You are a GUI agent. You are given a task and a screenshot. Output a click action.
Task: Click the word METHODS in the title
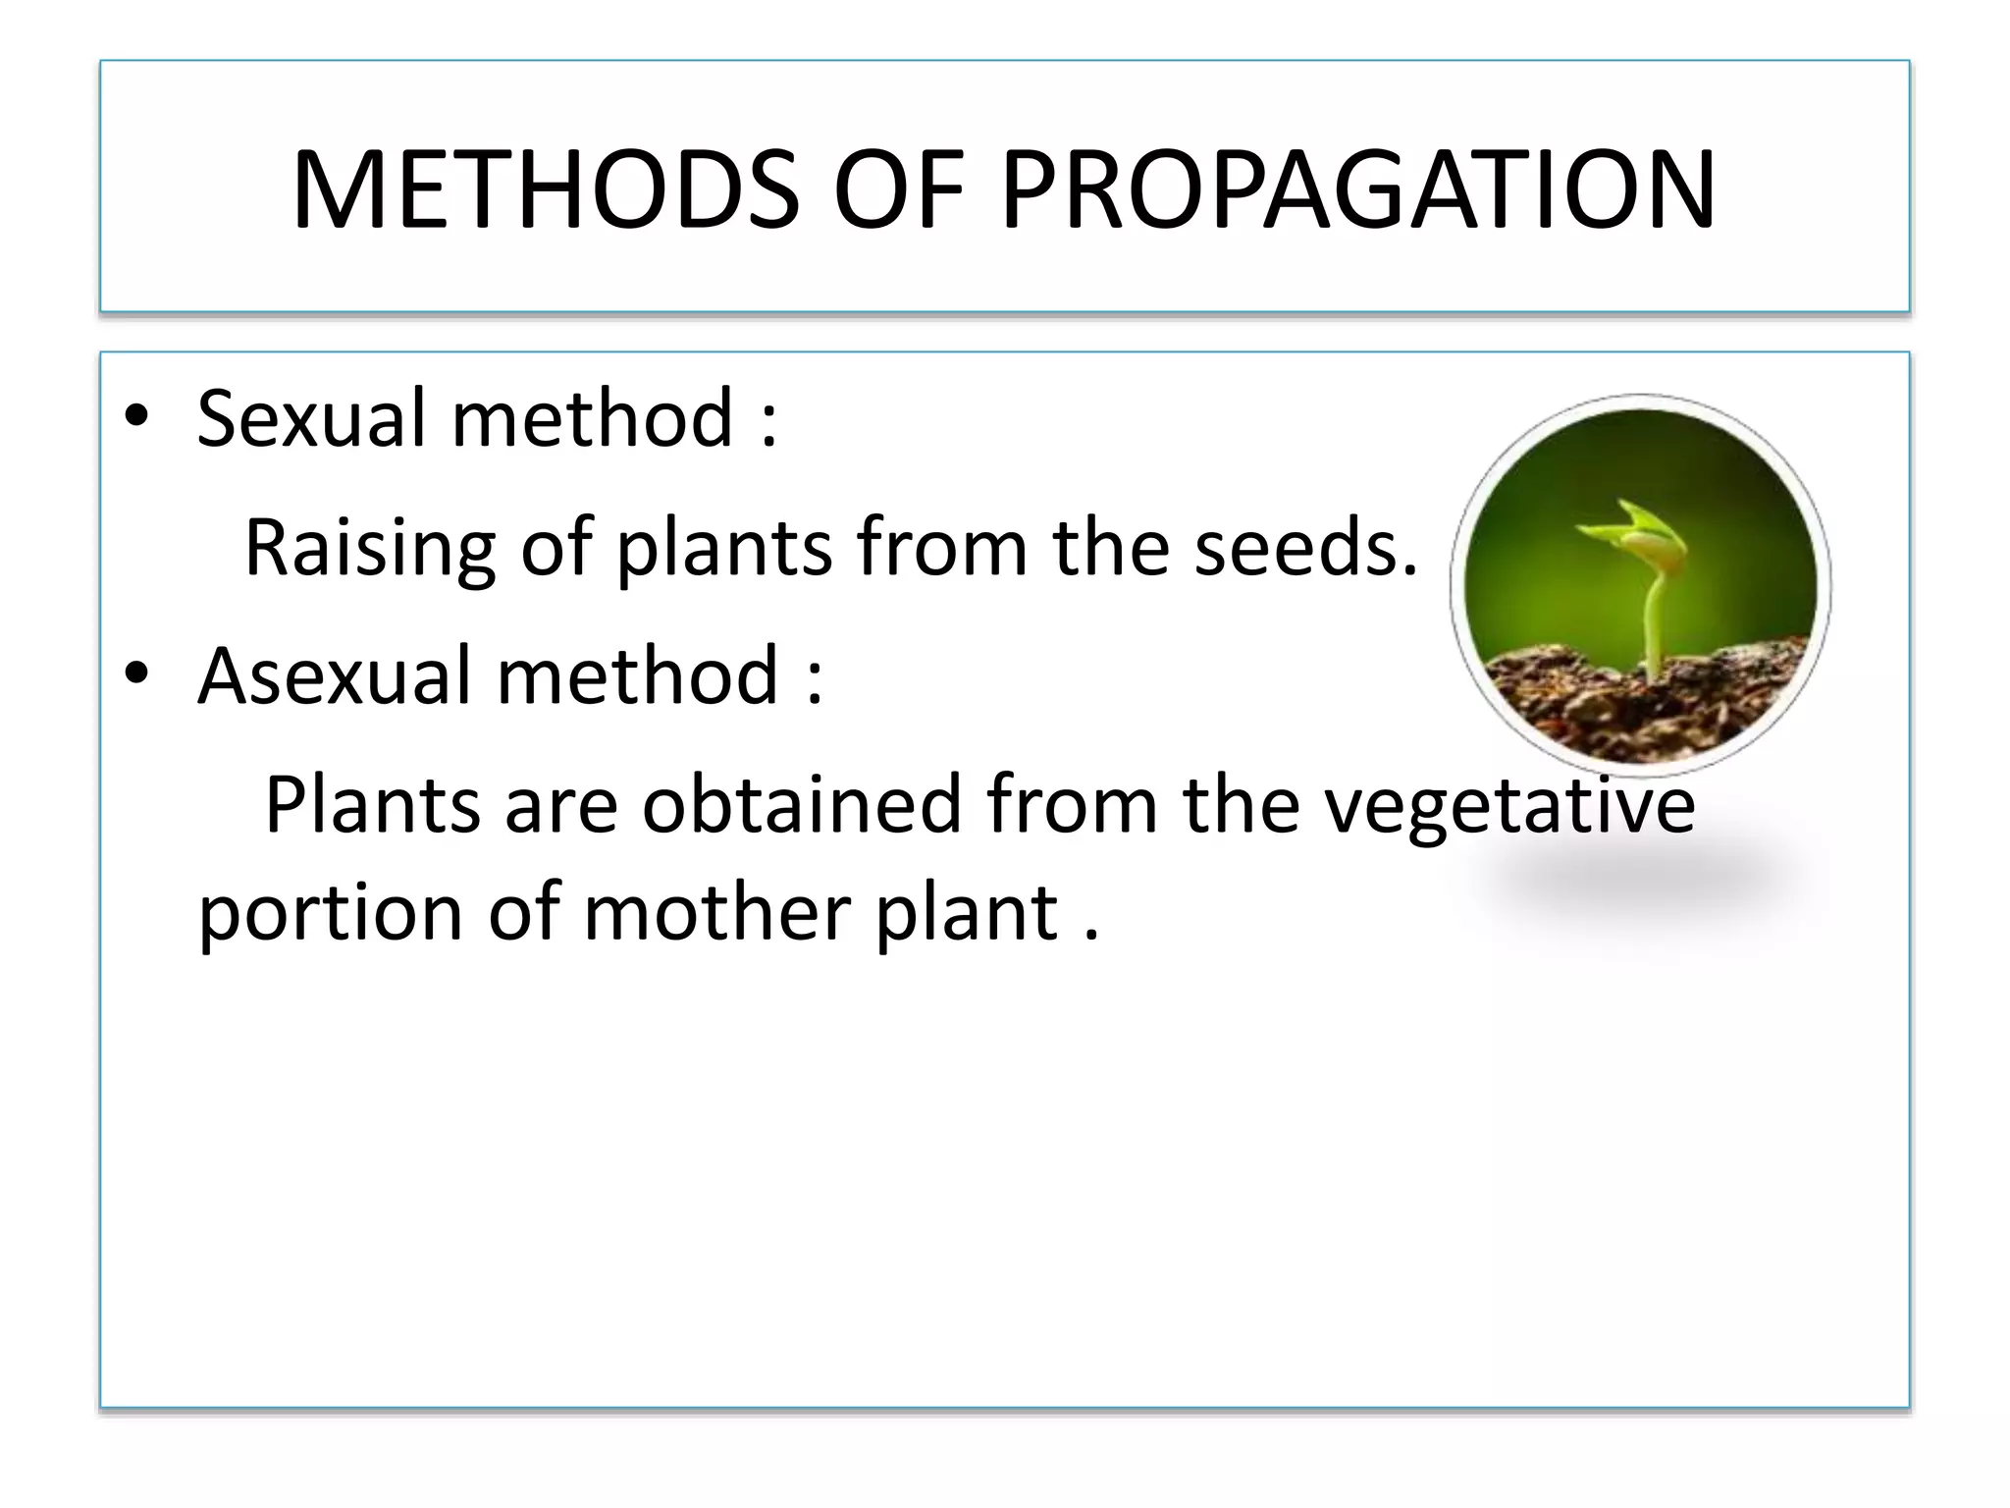(546, 190)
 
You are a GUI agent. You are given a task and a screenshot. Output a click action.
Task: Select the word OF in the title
(897, 190)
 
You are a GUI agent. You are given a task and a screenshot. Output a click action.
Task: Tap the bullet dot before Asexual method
(136, 674)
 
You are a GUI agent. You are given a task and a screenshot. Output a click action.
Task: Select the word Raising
(369, 548)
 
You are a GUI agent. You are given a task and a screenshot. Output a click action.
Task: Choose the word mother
(717, 913)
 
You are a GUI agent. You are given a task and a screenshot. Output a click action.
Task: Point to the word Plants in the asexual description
(373, 805)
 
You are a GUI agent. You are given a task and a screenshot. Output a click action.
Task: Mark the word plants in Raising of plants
(722, 548)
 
